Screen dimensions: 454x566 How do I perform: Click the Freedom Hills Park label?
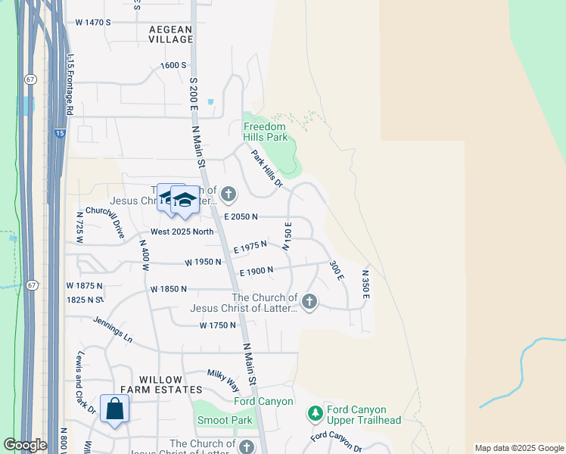pyautogui.click(x=265, y=132)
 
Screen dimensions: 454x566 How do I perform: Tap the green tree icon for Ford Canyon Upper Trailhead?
pyautogui.click(x=315, y=414)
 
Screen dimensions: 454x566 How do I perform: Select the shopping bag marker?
pyautogui.click(x=114, y=409)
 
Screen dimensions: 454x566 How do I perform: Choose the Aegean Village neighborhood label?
pyautogui.click(x=171, y=35)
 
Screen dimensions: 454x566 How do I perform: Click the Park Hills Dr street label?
pyautogui.click(x=267, y=167)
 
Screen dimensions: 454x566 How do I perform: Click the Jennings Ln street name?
pyautogui.click(x=113, y=330)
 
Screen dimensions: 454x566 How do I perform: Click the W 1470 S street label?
pyautogui.click(x=93, y=23)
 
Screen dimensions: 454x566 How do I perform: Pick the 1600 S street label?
pyautogui.click(x=173, y=66)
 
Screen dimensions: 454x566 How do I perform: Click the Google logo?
pyautogui.click(x=25, y=445)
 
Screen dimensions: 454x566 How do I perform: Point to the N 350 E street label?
pyautogui.click(x=365, y=284)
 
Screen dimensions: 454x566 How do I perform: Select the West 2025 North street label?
pyautogui.click(x=182, y=232)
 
